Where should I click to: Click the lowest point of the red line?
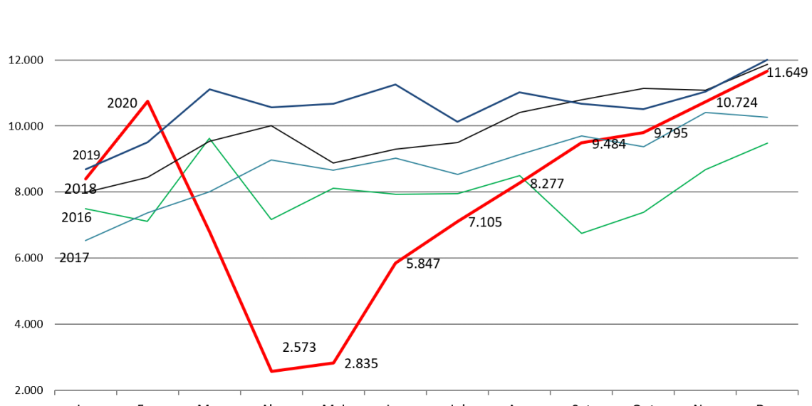pos(271,371)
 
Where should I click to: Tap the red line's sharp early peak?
pos(147,101)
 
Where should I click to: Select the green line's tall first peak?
pos(209,139)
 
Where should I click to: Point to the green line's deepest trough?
pos(581,234)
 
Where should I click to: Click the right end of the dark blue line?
pos(768,59)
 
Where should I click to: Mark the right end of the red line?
pos(768,71)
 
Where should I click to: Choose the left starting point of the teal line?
pos(85,240)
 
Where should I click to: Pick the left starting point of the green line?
pos(85,209)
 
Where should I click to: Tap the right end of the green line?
pos(768,143)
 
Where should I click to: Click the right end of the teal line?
pos(768,117)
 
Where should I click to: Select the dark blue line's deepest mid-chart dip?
pos(457,122)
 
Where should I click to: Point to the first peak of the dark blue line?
pos(209,89)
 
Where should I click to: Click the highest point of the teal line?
pos(705,113)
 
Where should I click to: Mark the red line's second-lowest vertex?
pos(333,363)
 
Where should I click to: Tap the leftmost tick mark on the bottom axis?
pos(55,392)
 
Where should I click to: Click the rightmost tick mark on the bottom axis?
pos(797,392)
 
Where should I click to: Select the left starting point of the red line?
pos(85,179)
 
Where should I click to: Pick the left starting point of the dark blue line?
pos(85,169)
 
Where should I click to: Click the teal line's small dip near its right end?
pos(644,146)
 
